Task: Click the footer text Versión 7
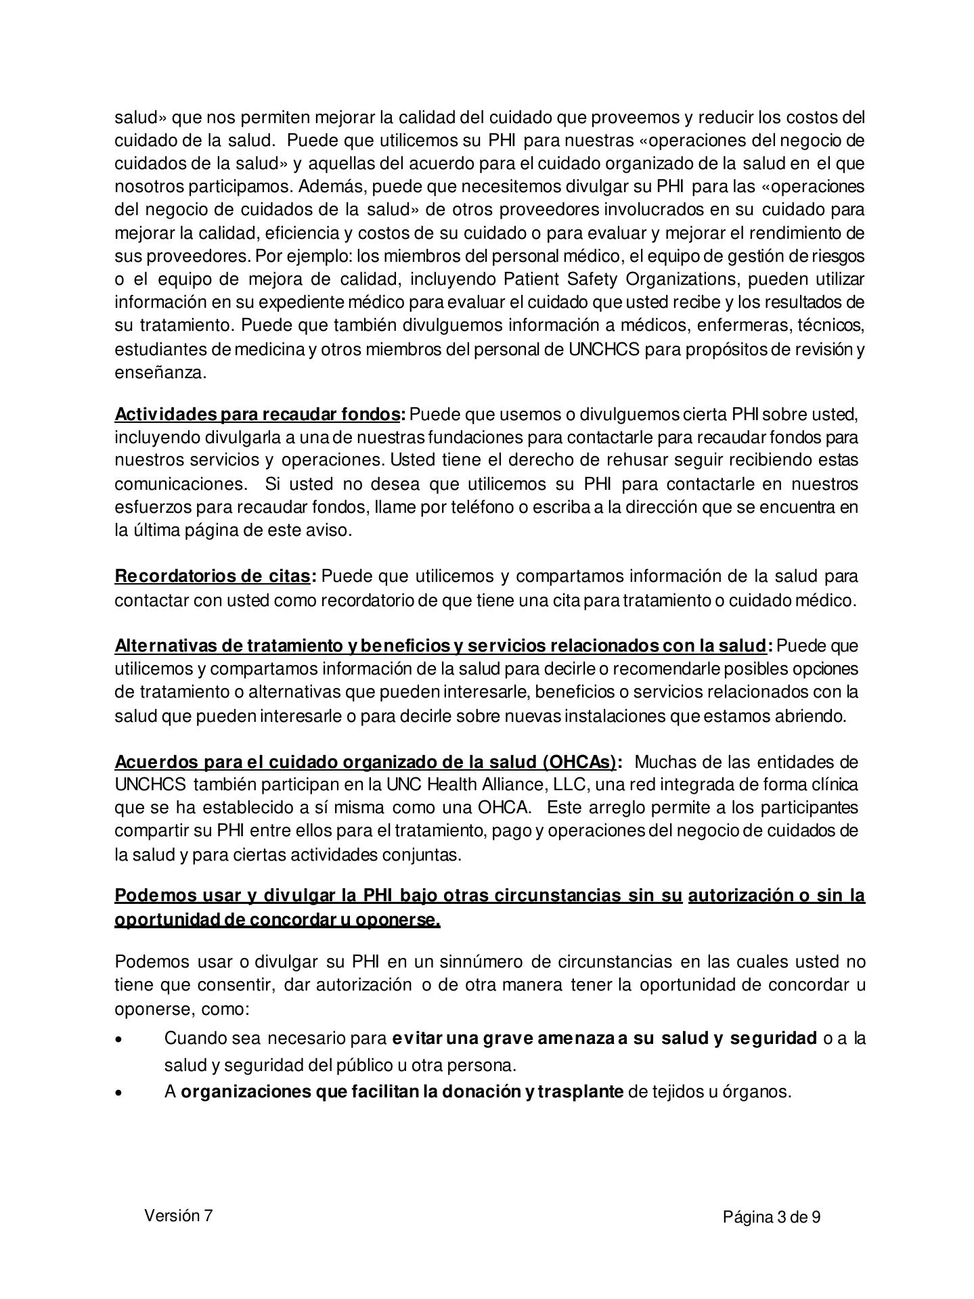(x=178, y=1215)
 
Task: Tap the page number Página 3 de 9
(x=772, y=1217)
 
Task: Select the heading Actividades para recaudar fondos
(x=257, y=413)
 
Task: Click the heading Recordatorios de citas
(x=212, y=576)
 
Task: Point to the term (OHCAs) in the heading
(x=579, y=762)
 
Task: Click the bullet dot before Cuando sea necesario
(x=120, y=1039)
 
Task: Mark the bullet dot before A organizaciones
(x=120, y=1092)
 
